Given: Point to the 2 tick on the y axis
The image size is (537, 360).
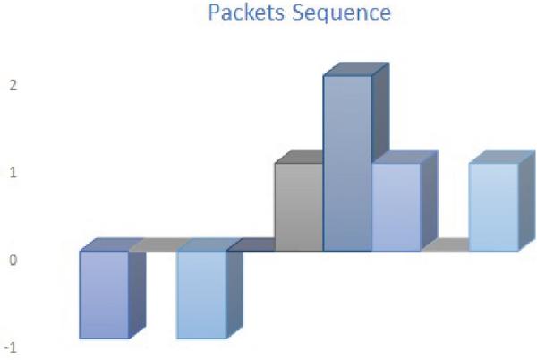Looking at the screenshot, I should click(13, 86).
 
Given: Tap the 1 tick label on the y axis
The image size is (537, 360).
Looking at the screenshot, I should click(13, 173).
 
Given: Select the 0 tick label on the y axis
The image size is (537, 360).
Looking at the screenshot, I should click(13, 261).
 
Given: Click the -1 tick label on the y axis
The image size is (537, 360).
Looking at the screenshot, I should click(12, 347).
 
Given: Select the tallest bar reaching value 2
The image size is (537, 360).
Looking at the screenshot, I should click(347, 161).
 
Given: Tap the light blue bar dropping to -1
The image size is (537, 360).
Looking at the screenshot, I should click(200, 294).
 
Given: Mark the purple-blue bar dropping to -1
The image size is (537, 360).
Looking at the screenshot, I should click(104, 294).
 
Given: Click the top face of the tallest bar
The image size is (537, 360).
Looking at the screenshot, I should click(356, 70).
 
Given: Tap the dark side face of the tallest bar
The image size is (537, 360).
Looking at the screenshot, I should click(380, 134).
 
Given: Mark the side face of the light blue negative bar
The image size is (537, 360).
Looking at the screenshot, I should click(234, 291).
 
